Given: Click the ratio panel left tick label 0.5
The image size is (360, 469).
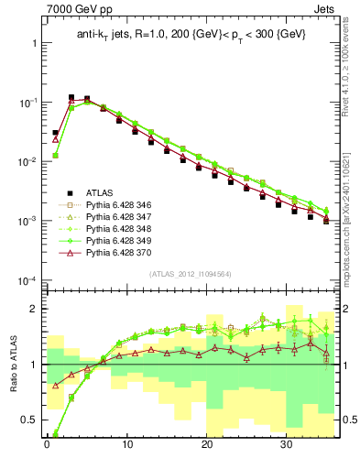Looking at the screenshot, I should (x=27, y=420).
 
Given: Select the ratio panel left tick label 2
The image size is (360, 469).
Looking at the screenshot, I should (x=32, y=309).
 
